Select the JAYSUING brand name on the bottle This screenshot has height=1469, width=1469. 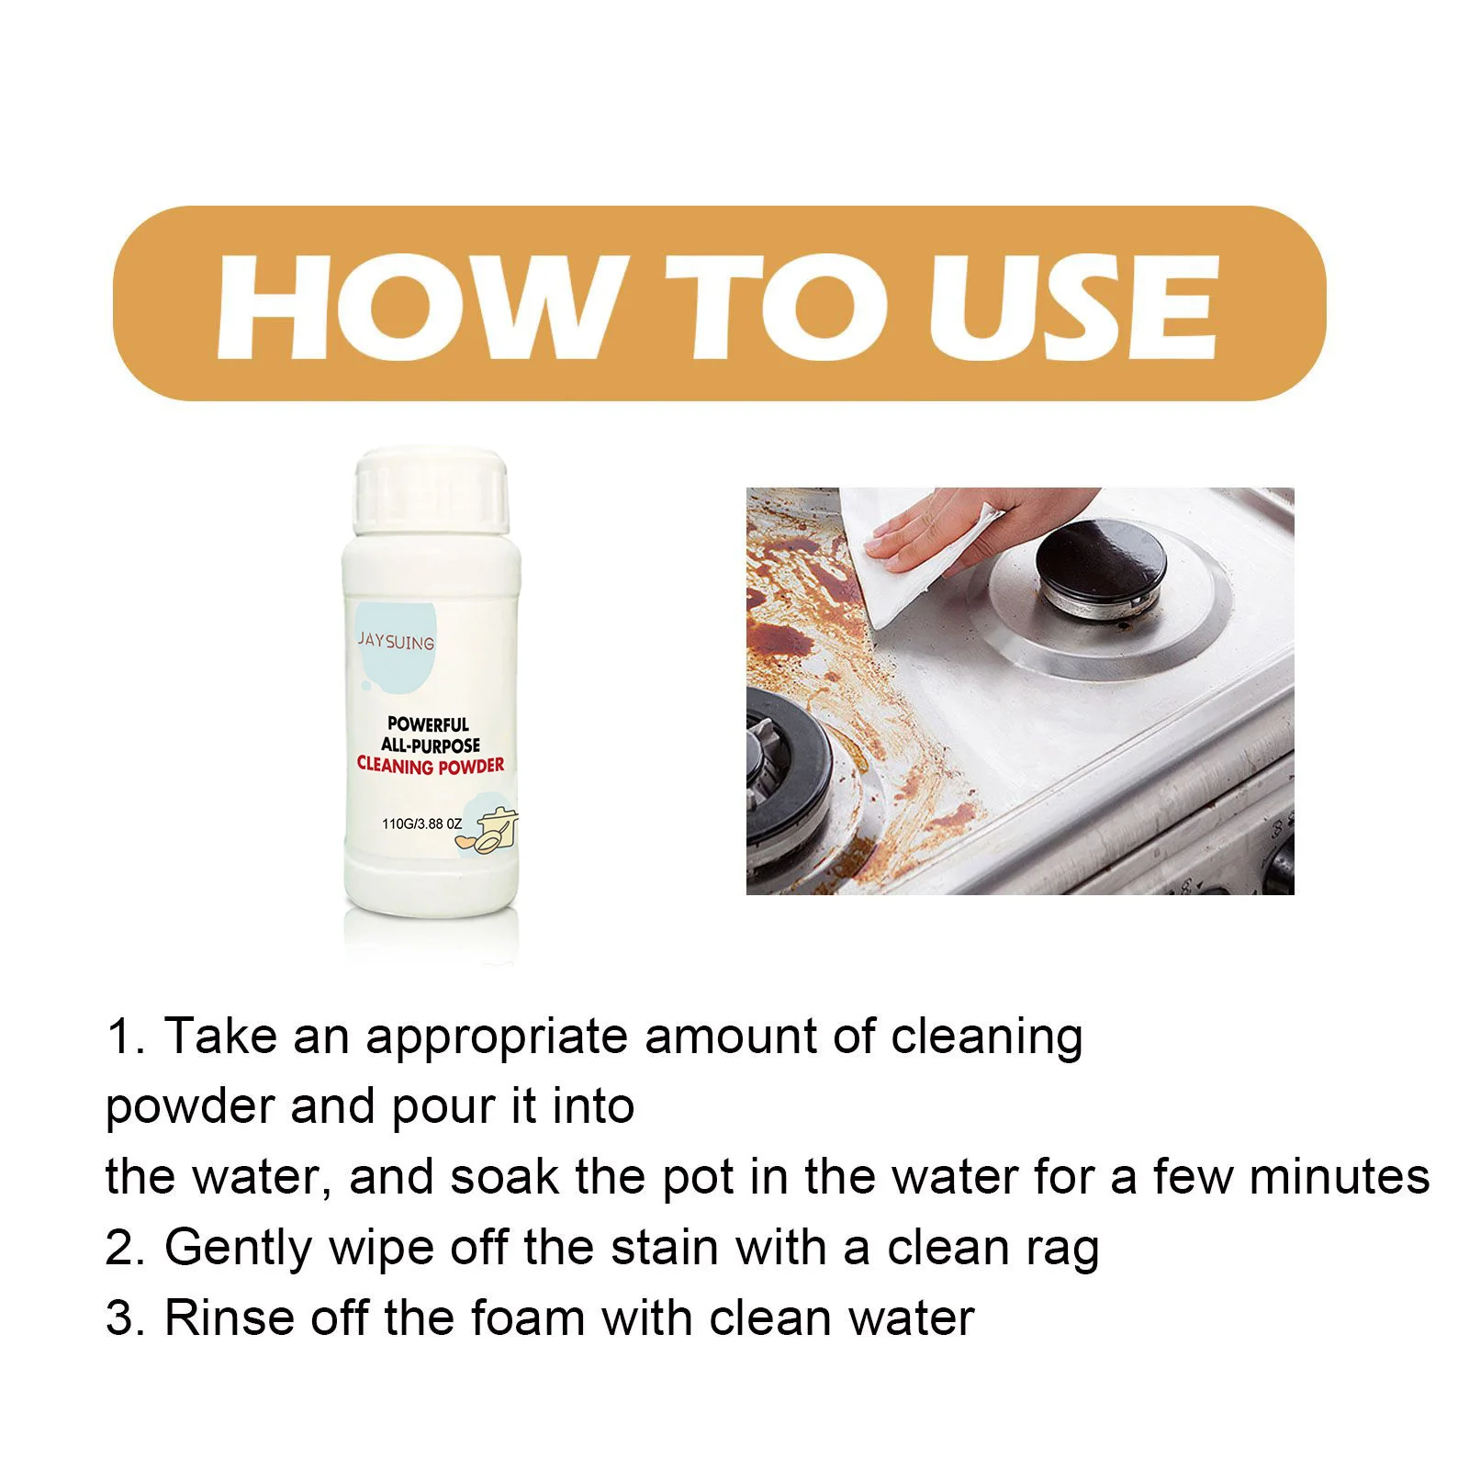(x=396, y=641)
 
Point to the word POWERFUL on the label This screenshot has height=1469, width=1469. (x=428, y=724)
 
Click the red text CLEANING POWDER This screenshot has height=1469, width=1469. (x=431, y=765)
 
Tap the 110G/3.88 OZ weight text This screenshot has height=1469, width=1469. (x=421, y=824)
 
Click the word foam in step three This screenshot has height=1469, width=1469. (x=527, y=1318)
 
